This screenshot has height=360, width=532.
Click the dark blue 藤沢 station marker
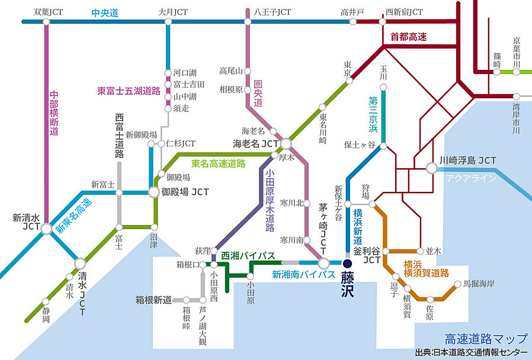[x=348, y=263]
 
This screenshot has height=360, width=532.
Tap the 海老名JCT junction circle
[x=286, y=143]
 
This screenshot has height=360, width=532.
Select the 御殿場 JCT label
[x=185, y=192]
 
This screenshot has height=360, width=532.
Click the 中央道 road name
[x=105, y=12]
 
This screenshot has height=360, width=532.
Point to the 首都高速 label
[x=409, y=37]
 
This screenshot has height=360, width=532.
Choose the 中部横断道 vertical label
[x=55, y=112]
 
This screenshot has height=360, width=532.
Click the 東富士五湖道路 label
[x=129, y=91]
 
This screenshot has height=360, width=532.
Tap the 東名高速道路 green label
[x=218, y=163]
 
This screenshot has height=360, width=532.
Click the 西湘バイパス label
[x=248, y=256]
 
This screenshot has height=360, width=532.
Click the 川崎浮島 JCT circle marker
[x=432, y=168]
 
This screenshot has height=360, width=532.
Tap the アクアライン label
[x=466, y=178]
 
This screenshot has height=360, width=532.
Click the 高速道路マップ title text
[x=485, y=339]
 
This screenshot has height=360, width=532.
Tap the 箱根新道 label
[x=153, y=300]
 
